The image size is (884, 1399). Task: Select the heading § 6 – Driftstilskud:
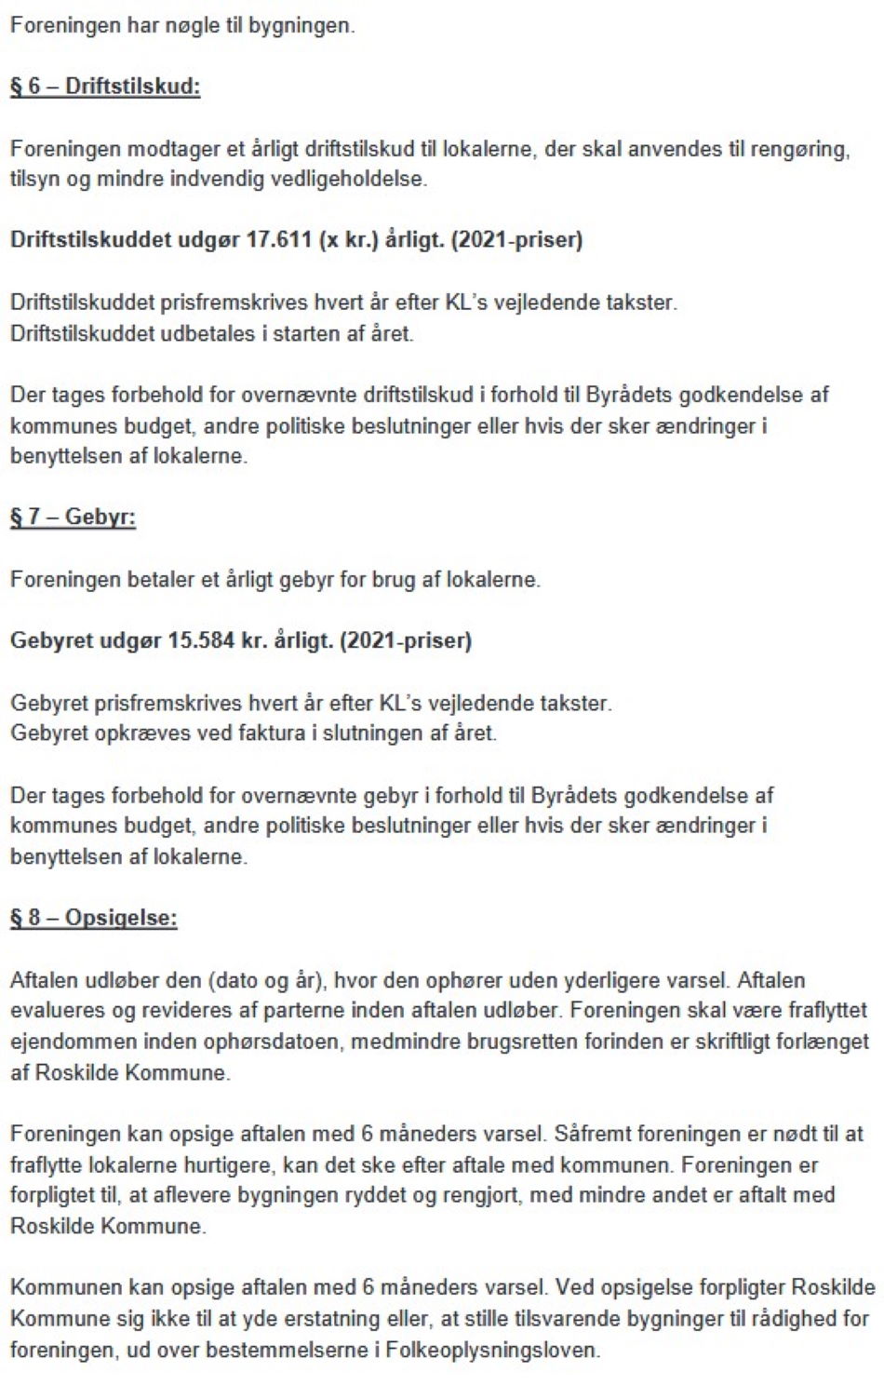click(x=105, y=87)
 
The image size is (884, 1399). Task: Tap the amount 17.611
click(x=278, y=239)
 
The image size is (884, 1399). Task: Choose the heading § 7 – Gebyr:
click(x=73, y=518)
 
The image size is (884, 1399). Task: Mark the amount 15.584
click(x=200, y=640)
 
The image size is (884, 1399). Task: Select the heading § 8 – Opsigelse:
click(x=93, y=918)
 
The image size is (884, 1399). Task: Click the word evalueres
click(x=55, y=1011)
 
